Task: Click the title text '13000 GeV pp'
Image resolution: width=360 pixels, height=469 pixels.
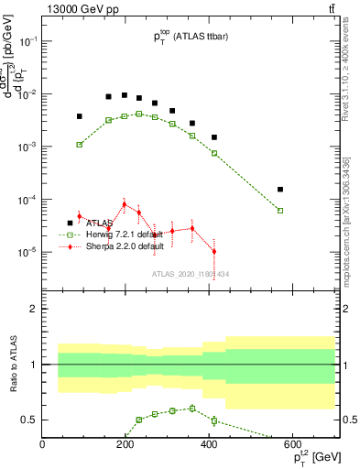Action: pyautogui.click(x=75, y=9)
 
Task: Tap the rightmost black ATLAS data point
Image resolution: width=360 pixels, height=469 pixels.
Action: pyautogui.click(x=280, y=190)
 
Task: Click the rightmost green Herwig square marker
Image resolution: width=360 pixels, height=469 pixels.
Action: pyautogui.click(x=280, y=211)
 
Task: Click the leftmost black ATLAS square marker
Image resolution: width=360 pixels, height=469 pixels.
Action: pyautogui.click(x=80, y=116)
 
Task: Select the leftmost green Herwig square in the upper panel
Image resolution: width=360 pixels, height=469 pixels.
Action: pyautogui.click(x=80, y=145)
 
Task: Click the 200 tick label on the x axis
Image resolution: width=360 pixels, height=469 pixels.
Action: pyautogui.click(x=125, y=445)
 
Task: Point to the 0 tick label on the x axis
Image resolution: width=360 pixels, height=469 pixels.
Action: pyautogui.click(x=42, y=445)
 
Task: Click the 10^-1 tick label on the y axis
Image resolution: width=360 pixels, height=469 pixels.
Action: pyautogui.click(x=29, y=41)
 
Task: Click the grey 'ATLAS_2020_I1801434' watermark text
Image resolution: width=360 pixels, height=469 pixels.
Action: pyautogui.click(x=190, y=274)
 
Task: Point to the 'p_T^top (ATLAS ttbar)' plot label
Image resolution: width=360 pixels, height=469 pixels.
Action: pyautogui.click(x=190, y=38)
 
